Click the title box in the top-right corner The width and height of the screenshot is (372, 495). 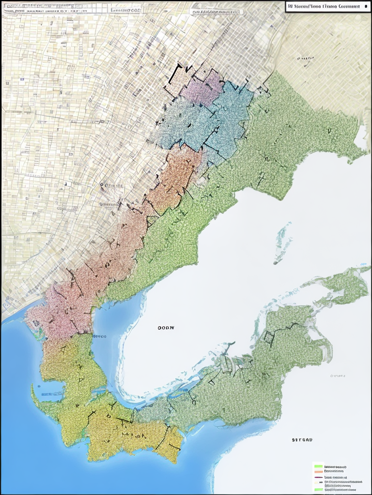327,7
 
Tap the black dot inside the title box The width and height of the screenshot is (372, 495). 365,7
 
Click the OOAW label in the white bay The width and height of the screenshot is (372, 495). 166,327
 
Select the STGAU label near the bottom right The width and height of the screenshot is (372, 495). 302,440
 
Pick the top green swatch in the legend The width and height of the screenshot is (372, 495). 318,467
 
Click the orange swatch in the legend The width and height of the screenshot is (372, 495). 318,471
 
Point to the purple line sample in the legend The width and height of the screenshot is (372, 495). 318,477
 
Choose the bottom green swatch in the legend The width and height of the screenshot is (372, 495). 318,490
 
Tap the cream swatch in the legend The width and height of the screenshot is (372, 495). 318,482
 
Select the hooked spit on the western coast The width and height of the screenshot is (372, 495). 35,394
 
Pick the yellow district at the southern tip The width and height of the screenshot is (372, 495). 131,435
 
